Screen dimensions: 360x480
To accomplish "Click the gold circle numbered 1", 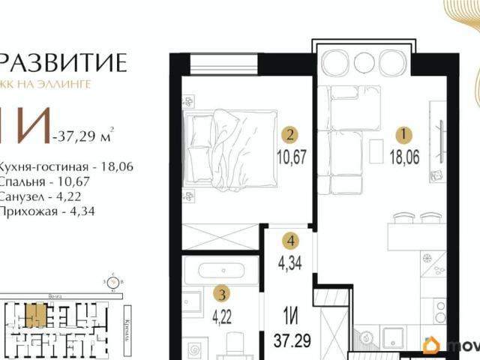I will point(404,136).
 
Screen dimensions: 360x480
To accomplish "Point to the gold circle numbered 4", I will point(290,241).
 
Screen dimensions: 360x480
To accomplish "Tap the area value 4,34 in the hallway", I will point(290,265).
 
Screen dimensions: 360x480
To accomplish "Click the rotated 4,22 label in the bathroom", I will point(217,314).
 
